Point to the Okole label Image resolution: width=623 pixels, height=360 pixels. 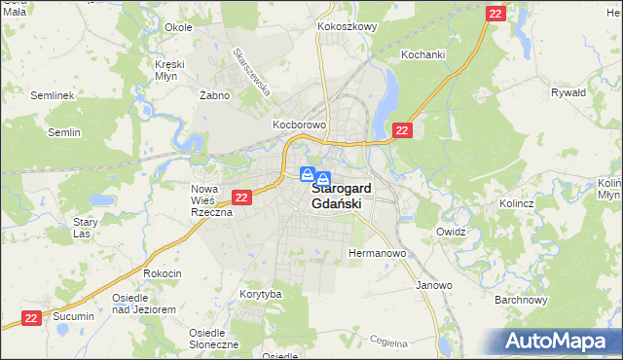[178, 27]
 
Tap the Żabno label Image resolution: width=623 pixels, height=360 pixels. [213, 95]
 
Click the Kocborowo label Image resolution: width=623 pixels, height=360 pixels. [299, 126]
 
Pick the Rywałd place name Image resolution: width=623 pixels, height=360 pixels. [568, 93]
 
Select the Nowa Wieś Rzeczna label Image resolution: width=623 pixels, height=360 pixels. [210, 200]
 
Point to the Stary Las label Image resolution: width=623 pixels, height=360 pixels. [87, 228]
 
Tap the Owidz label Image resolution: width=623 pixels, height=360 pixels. [452, 233]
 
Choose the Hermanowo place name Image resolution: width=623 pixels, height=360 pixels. [377, 253]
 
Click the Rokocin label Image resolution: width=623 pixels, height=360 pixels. [163, 274]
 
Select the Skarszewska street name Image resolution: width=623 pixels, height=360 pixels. [251, 71]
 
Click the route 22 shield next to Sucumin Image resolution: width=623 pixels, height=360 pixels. [32, 317]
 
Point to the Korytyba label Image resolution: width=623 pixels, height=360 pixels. [261, 294]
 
